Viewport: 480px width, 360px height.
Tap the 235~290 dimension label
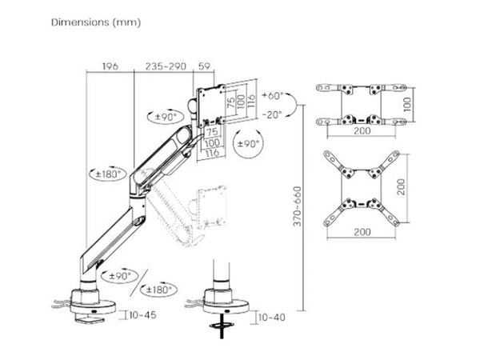point(166,66)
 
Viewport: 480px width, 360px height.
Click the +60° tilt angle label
point(272,95)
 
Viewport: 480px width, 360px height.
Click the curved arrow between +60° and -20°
point(293,105)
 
